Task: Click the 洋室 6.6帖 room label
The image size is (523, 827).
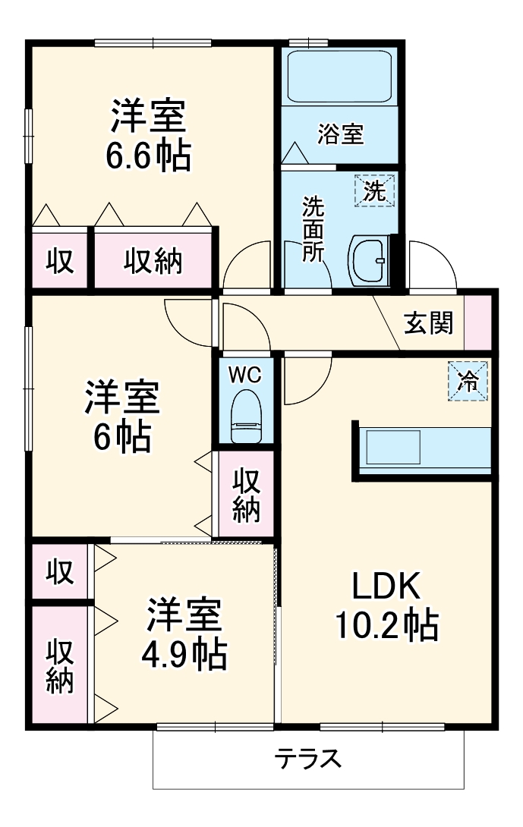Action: tap(149, 136)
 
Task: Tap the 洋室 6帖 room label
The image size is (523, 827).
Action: tap(121, 416)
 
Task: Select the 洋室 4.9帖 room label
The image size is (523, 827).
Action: tap(184, 633)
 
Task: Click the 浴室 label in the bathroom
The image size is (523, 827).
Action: tap(341, 135)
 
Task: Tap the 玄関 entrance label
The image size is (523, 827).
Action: tap(429, 323)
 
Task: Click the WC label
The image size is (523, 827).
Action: tap(245, 375)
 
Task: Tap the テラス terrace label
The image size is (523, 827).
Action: tap(307, 759)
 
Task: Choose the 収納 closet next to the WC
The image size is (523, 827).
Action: tap(246, 495)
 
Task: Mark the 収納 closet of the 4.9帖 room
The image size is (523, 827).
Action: tap(60, 666)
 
